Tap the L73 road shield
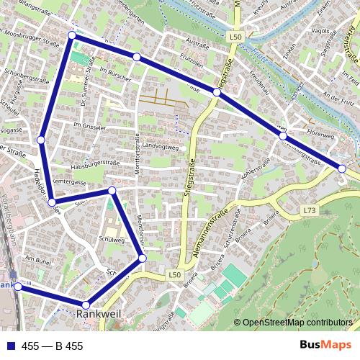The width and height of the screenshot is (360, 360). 310,210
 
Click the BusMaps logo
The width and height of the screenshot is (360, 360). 327,346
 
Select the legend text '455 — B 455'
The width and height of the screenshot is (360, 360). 53,346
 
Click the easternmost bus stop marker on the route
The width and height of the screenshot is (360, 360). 342,168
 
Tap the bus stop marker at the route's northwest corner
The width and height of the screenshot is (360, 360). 71,35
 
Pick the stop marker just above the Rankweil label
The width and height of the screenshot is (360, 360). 86,305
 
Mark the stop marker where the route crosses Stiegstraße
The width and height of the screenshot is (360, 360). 217,92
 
